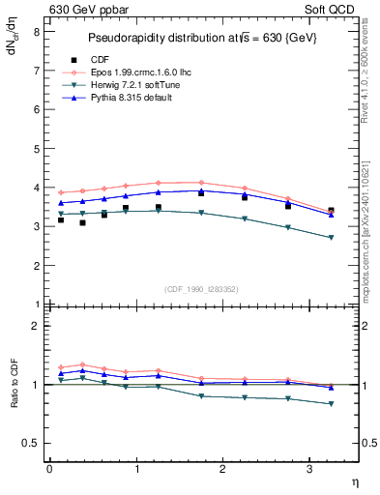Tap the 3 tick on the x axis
[309, 469]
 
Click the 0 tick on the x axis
[49, 469]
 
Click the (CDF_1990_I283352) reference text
[202, 289]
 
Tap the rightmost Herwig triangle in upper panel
[331, 238]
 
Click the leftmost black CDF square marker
[61, 220]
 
